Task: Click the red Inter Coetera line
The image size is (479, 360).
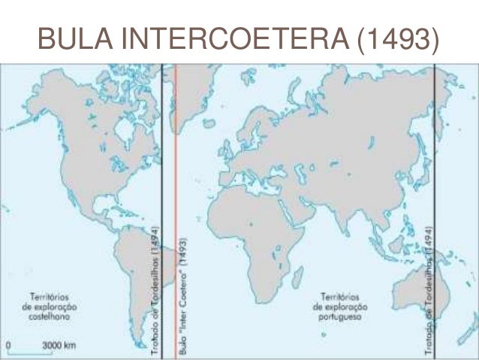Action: point(176,150)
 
